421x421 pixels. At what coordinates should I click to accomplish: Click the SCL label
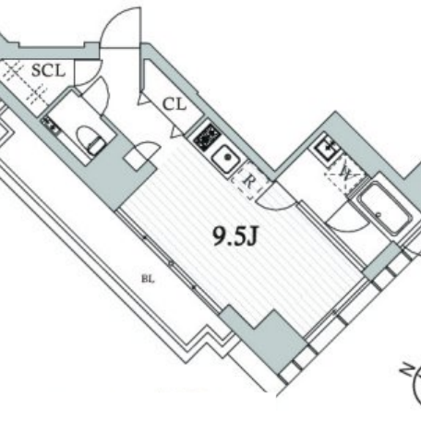click(x=49, y=70)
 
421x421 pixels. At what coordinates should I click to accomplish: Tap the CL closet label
click(x=174, y=104)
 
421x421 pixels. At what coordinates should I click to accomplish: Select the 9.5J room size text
click(x=235, y=236)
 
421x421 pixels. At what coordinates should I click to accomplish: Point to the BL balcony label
click(x=148, y=280)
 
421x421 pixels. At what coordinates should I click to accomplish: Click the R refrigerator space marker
click(x=248, y=182)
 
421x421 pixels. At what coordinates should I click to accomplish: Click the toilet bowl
click(x=90, y=140)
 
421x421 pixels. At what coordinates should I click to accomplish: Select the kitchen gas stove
click(x=207, y=137)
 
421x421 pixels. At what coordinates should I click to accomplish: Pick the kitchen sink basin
click(x=226, y=159)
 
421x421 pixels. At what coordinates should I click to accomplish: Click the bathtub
click(x=385, y=208)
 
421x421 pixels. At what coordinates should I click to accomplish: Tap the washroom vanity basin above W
click(x=327, y=148)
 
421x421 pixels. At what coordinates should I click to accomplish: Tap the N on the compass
click(x=407, y=368)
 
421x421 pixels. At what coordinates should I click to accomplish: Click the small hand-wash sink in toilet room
click(x=50, y=126)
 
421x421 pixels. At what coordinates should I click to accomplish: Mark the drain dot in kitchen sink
click(x=228, y=158)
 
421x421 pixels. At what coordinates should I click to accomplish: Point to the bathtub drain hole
click(x=379, y=214)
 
